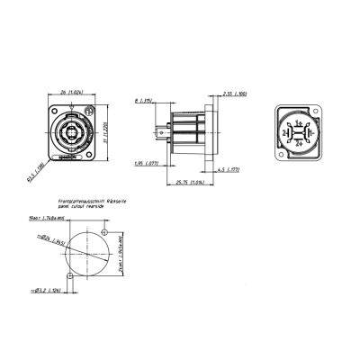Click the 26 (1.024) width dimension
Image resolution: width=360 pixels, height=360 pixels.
(67, 91)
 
